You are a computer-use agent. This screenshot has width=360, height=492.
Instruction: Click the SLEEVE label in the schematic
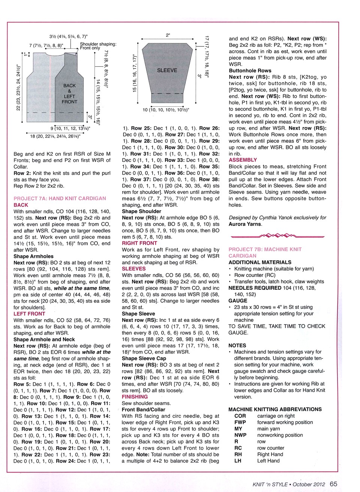pyautogui.click(x=167, y=70)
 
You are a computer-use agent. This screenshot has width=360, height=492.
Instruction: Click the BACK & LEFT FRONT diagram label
pyautogui.click(x=69, y=94)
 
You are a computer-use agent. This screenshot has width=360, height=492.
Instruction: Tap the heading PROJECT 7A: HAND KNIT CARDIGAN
pyautogui.click(x=60, y=199)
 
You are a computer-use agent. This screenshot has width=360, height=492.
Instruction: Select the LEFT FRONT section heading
pyautogui.click(x=29, y=314)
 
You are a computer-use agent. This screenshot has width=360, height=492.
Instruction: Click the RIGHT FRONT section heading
pyautogui.click(x=139, y=243)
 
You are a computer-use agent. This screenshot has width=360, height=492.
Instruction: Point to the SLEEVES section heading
pyautogui.click(x=133, y=269)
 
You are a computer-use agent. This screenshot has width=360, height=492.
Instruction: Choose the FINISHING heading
pyautogui.click(x=135, y=397)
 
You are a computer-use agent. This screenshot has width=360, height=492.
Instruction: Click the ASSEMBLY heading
pyautogui.click(x=243, y=160)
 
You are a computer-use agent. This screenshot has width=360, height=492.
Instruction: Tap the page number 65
pyautogui.click(x=333, y=484)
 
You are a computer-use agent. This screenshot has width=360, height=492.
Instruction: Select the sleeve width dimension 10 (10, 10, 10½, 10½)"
pyautogui.click(x=166, y=110)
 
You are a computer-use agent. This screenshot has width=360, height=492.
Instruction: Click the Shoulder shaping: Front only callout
pyautogui.click(x=98, y=46)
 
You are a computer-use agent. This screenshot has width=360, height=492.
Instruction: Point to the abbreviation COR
pyautogui.click(x=240, y=416)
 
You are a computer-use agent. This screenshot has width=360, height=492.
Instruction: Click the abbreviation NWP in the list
pyautogui.click(x=240, y=435)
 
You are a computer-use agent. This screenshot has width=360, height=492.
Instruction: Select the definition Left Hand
pyautogui.click(x=268, y=461)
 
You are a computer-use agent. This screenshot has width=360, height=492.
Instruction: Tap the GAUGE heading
pyautogui.click(x=238, y=301)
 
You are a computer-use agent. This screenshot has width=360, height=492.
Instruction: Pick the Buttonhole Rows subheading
pyautogui.click(x=250, y=70)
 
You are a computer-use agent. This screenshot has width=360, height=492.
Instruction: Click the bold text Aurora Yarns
pyautogui.click(x=245, y=224)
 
